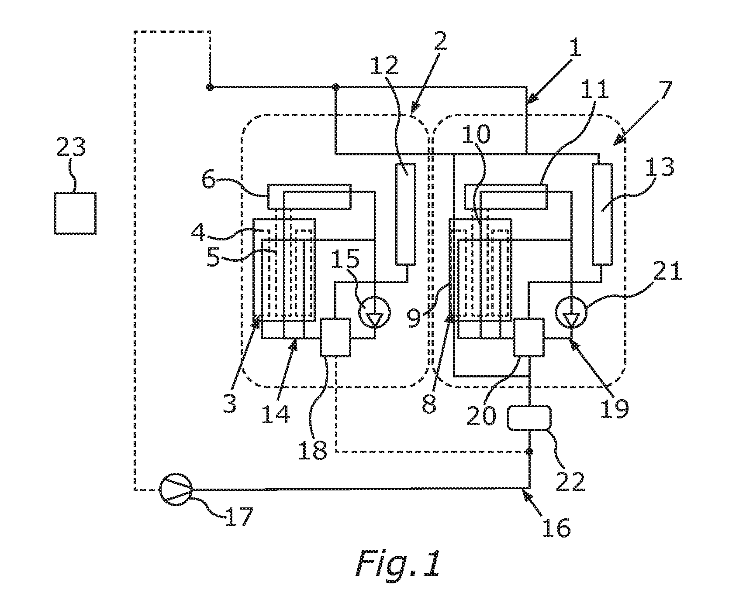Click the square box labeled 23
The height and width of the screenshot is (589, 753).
75,213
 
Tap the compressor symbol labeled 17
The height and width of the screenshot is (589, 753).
176,489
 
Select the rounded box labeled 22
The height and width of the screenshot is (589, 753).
528,418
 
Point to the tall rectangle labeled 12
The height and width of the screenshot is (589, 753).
406,214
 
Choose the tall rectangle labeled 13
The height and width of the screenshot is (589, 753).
602,214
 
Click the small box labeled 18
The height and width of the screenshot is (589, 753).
335,337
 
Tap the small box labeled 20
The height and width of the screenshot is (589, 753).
529,337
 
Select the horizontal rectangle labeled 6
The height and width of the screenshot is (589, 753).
309,196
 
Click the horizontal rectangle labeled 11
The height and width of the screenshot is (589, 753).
505,196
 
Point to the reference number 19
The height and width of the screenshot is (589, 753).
614,407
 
